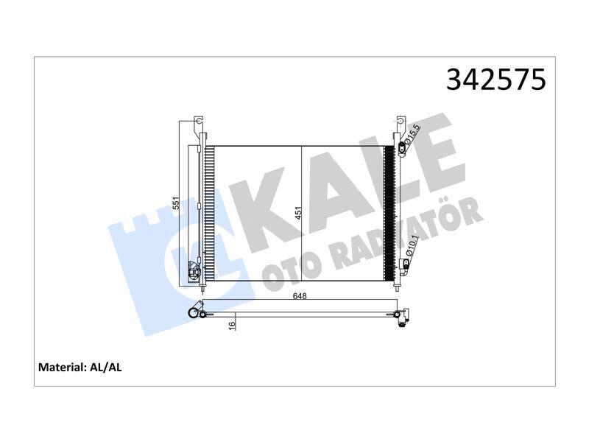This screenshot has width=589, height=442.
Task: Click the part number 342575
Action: (x=495, y=80)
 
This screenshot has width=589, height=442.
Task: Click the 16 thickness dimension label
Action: (x=231, y=324)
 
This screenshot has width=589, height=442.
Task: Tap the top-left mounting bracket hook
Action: (x=197, y=121)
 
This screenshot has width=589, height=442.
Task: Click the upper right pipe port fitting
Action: (x=403, y=150)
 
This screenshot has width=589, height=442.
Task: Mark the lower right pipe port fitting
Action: (x=403, y=264)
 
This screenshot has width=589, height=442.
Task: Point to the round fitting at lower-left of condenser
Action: (x=196, y=272)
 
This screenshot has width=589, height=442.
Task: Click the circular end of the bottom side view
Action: (x=195, y=314)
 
